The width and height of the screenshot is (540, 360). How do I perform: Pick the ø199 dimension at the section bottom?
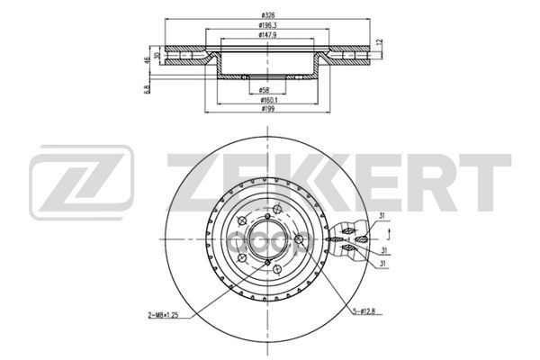pos(266,109)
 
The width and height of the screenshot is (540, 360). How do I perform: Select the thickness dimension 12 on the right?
pos(380,43)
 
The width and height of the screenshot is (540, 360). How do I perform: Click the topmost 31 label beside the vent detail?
pos(381,214)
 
